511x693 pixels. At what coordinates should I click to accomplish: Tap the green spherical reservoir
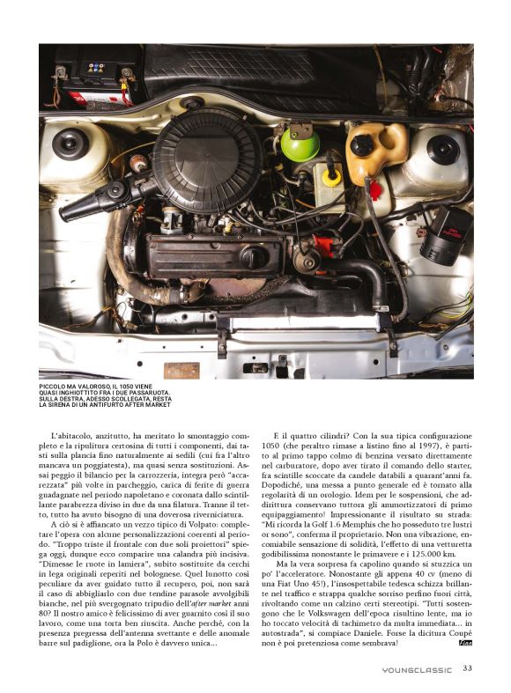tap(300, 144)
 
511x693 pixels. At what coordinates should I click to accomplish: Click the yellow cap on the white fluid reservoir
tap(332, 175)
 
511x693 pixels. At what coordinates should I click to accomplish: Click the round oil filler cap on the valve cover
tap(252, 257)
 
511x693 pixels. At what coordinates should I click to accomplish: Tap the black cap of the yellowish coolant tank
tap(362, 145)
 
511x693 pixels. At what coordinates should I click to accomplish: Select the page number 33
tap(467, 668)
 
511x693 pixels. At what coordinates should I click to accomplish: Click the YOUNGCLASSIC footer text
tap(418, 669)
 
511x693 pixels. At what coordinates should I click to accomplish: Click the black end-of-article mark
tap(466, 642)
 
